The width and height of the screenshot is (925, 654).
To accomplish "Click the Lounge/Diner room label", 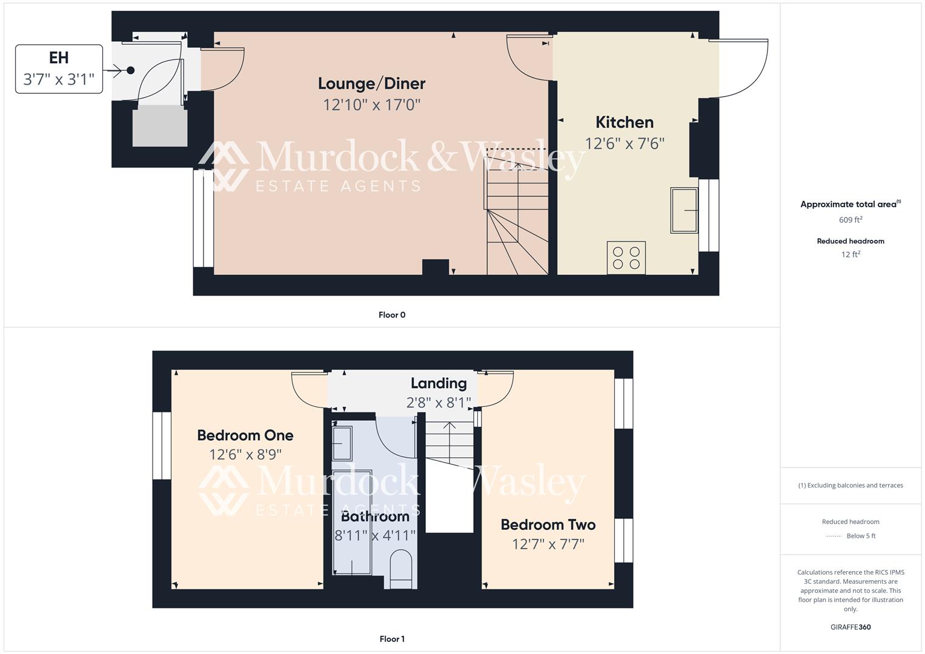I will point(371,84).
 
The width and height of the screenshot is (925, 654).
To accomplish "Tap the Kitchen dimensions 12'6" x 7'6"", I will point(625,144).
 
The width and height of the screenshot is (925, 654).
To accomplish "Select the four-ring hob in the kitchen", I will point(626,258).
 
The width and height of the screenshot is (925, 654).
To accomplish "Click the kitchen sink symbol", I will point(684,210).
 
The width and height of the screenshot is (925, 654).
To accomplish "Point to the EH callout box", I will point(59,69).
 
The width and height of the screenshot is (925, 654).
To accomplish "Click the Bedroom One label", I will point(245,435).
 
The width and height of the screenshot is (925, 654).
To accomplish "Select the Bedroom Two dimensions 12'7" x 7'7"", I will point(548,544).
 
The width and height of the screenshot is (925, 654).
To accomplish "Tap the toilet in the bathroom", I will point(400,569).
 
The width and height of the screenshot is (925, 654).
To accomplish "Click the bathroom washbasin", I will point(342,444).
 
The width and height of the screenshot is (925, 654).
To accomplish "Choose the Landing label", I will point(439,383).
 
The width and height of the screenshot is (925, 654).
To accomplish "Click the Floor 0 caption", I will point(392,315).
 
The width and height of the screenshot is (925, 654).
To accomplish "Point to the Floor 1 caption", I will point(392,639).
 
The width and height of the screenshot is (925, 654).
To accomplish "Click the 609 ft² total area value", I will point(850,220).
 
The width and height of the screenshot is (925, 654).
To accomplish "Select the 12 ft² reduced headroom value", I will point(850,254).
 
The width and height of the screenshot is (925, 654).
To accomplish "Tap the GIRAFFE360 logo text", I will point(850,627).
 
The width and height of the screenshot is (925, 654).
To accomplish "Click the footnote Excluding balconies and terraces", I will point(850,486).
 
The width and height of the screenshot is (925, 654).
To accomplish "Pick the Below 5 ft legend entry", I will point(861,536).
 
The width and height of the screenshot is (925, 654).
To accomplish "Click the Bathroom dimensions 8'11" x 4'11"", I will point(375,535).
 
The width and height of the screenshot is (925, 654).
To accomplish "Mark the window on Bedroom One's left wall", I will point(162,446).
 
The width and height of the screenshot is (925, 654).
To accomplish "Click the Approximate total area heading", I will point(850,205).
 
